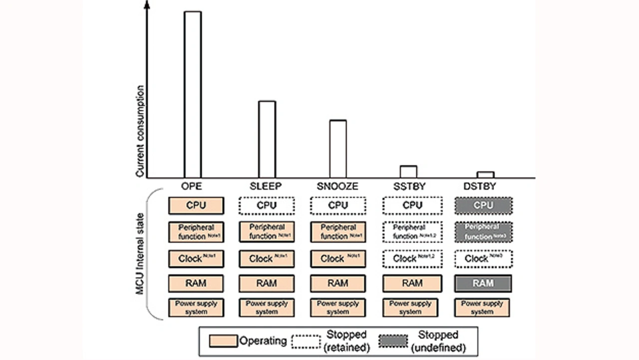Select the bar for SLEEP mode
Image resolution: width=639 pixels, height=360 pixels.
click(x=267, y=139)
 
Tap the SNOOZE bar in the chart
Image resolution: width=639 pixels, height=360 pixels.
click(x=338, y=149)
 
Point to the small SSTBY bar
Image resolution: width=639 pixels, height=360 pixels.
click(x=408, y=172)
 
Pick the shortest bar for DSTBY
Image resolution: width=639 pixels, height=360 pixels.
click(x=485, y=175)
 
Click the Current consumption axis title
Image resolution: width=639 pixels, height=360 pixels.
click(x=141, y=132)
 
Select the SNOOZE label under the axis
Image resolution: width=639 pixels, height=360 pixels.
click(x=337, y=187)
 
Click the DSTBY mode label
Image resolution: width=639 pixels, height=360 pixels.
click(x=479, y=187)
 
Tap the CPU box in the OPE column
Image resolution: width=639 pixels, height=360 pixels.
click(x=196, y=205)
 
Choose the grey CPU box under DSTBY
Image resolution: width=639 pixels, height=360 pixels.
click(x=483, y=205)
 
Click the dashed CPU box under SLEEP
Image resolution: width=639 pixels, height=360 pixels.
click(x=267, y=205)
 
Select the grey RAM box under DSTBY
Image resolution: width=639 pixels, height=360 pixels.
click(x=483, y=283)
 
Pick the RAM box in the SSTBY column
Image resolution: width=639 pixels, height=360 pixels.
click(x=412, y=283)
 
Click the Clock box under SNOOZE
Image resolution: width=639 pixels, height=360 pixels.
click(x=338, y=259)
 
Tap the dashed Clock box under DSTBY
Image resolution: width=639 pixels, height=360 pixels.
click(x=483, y=259)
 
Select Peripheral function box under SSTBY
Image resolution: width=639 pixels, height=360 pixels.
click(x=412, y=232)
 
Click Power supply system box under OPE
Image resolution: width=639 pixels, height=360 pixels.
click(x=196, y=308)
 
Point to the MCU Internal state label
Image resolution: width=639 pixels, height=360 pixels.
click(x=141, y=254)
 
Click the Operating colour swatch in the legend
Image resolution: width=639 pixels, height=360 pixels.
click(x=222, y=341)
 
